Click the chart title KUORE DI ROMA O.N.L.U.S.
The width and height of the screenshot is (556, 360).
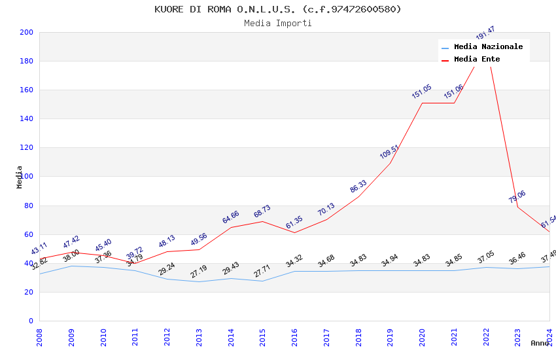click(x=278, y=9)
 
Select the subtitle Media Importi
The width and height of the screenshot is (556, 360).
click(x=278, y=24)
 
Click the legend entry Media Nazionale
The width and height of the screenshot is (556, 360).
click(x=488, y=47)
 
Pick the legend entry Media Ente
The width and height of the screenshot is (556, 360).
click(x=477, y=60)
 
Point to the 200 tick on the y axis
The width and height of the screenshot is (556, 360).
click(x=27, y=32)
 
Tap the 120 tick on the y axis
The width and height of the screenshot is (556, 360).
click(x=27, y=148)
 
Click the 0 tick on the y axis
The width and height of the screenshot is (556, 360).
click(x=30, y=321)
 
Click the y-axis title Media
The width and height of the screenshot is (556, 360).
click(x=20, y=177)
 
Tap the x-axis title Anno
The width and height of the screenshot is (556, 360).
click(x=540, y=343)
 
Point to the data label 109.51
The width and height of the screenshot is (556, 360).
click(x=389, y=152)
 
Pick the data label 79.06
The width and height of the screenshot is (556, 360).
click(x=517, y=196)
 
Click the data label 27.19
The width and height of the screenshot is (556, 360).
click(x=199, y=271)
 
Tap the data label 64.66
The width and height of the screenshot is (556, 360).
click(x=231, y=217)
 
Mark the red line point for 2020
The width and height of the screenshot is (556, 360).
click(x=422, y=103)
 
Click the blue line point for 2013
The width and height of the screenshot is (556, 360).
click(x=199, y=281)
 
